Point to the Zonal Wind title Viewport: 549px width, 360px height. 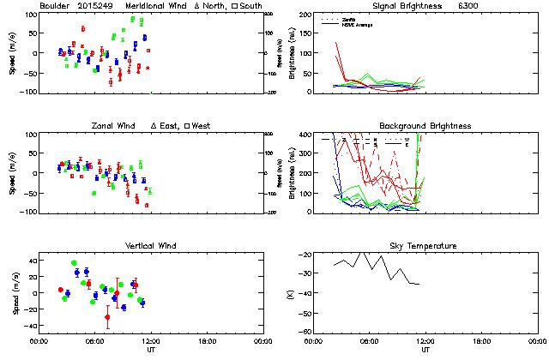[x=114, y=126]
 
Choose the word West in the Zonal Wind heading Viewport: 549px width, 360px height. [x=201, y=126]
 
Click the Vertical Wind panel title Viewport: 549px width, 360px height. [x=147, y=245]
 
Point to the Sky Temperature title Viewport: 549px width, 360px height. [x=425, y=245]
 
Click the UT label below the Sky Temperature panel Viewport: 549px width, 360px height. [x=426, y=350]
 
